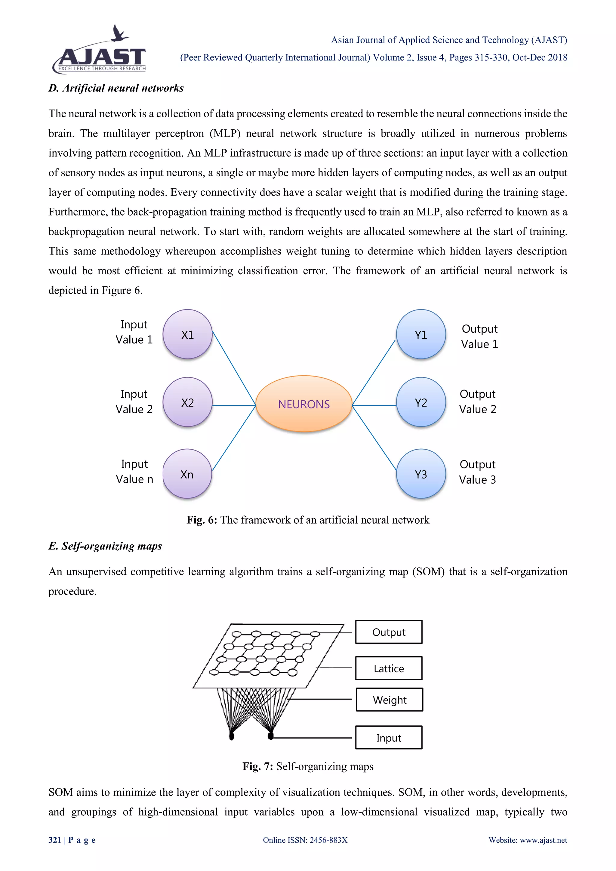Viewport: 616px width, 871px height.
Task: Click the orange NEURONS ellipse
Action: [x=304, y=404]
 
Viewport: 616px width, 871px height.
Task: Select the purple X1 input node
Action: [x=187, y=334]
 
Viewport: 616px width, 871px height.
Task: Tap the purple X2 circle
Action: [x=187, y=402]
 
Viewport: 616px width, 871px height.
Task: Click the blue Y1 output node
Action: [x=421, y=334]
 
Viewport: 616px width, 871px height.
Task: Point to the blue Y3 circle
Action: [x=421, y=474]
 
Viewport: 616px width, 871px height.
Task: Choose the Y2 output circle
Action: [x=421, y=402]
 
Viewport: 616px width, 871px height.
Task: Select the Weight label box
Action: [x=390, y=700]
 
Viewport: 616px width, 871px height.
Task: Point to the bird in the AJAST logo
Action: [x=119, y=33]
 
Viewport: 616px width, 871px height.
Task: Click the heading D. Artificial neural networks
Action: [x=116, y=88]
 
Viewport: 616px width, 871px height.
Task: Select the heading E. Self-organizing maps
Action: [x=105, y=546]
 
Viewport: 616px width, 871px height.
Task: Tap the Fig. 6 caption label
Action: [x=202, y=520]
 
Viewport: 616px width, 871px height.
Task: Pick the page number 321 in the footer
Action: [x=55, y=840]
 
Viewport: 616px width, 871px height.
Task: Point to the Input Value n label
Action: [x=134, y=472]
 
